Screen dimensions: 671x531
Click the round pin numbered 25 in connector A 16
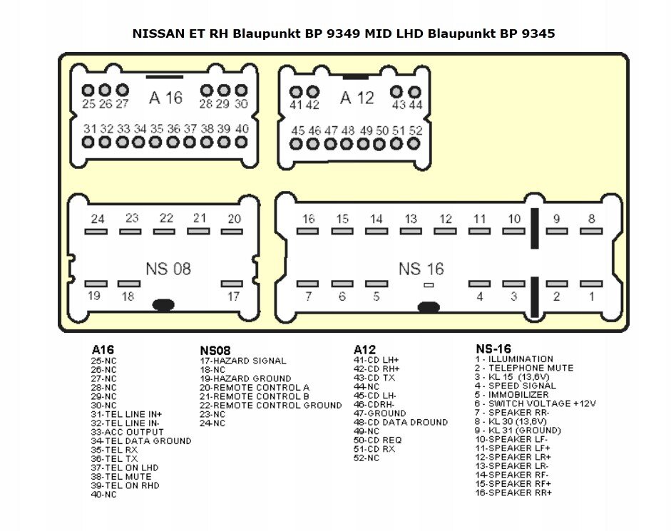point(88,91)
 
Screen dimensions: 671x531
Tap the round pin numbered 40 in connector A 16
point(241,142)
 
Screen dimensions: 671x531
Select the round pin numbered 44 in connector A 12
point(414,92)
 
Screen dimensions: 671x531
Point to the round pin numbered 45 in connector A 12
point(296,144)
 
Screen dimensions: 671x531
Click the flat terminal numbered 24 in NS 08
point(96,232)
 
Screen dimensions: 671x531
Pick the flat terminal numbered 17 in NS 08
point(232,284)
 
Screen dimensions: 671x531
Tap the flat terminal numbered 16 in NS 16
point(307,231)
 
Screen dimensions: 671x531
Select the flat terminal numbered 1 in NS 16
point(591,284)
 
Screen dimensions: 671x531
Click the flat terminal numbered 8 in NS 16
point(591,231)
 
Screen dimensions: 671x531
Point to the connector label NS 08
point(168,269)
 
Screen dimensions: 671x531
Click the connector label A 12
point(357,98)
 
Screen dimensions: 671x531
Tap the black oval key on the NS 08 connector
point(163,304)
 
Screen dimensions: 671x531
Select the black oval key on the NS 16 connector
point(429,306)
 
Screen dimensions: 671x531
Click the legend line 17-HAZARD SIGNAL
point(243,361)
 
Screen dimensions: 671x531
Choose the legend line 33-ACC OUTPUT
point(127,432)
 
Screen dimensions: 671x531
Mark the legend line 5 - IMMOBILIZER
point(511,394)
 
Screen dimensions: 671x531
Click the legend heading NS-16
point(493,349)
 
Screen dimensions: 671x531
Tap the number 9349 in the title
point(343,33)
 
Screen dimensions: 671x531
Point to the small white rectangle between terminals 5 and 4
point(429,284)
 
